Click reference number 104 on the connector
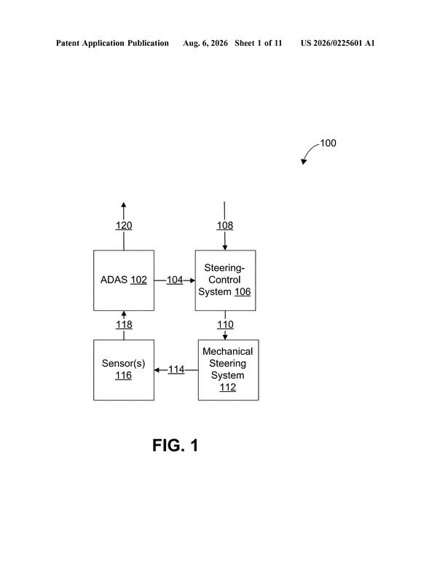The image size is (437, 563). click(175, 280)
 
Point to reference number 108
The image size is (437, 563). click(225, 226)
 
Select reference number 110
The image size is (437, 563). click(225, 325)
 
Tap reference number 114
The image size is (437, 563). click(176, 369)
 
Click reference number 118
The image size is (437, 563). click(124, 325)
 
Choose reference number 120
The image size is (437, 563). click(124, 226)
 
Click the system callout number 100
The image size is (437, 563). click(328, 143)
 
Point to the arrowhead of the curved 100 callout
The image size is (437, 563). click(304, 162)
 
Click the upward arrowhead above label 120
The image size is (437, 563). click(124, 205)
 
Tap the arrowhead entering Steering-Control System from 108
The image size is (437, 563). click(225, 248)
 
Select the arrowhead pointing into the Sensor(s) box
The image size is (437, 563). click(157, 370)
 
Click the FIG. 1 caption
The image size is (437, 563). click(176, 445)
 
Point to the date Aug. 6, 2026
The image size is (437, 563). click(205, 43)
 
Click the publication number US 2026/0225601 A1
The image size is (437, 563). click(337, 43)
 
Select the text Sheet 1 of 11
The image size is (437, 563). click(258, 43)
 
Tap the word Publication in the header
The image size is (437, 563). click(148, 43)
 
